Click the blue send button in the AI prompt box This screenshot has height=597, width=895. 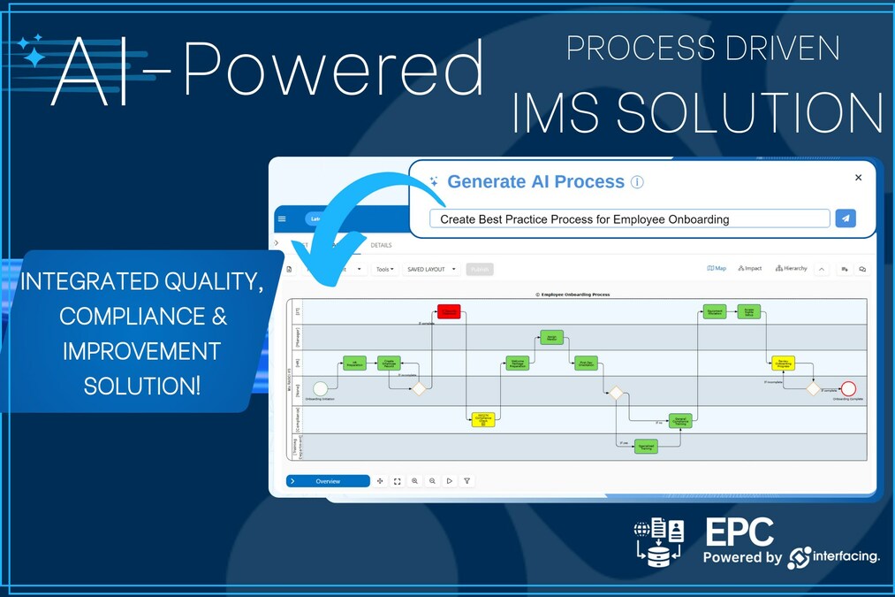(846, 218)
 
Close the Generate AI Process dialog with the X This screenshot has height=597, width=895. (858, 178)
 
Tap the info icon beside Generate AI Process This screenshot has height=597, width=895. (637, 182)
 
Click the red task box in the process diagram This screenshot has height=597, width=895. (449, 311)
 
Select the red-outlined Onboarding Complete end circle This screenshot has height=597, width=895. (848, 388)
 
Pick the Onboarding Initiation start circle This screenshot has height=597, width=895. (320, 388)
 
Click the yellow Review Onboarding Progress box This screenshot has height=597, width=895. (783, 363)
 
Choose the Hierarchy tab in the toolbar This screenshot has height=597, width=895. (791, 268)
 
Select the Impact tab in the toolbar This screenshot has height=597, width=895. (750, 268)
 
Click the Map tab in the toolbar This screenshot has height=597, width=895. (717, 268)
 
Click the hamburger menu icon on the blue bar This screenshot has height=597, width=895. (282, 219)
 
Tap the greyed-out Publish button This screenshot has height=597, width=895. (480, 269)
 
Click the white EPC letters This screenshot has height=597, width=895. (739, 532)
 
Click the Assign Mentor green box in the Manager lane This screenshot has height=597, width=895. (551, 337)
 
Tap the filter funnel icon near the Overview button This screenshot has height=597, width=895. (467, 481)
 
